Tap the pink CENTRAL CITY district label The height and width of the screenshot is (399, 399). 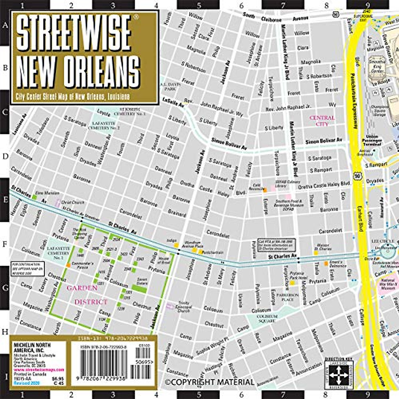[x=322, y=121]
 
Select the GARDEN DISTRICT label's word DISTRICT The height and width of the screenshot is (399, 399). [x=91, y=302]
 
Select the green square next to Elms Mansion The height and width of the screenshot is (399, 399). [x=34, y=197]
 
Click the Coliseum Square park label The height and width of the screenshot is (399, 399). [x=267, y=318]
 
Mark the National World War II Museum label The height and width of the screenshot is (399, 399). [x=388, y=284]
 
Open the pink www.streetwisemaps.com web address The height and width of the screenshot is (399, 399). [x=39, y=370]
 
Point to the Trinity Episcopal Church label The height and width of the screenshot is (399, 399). [x=184, y=307]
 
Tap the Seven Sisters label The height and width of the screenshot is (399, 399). [x=142, y=281]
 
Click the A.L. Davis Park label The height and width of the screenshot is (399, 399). [x=170, y=87]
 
